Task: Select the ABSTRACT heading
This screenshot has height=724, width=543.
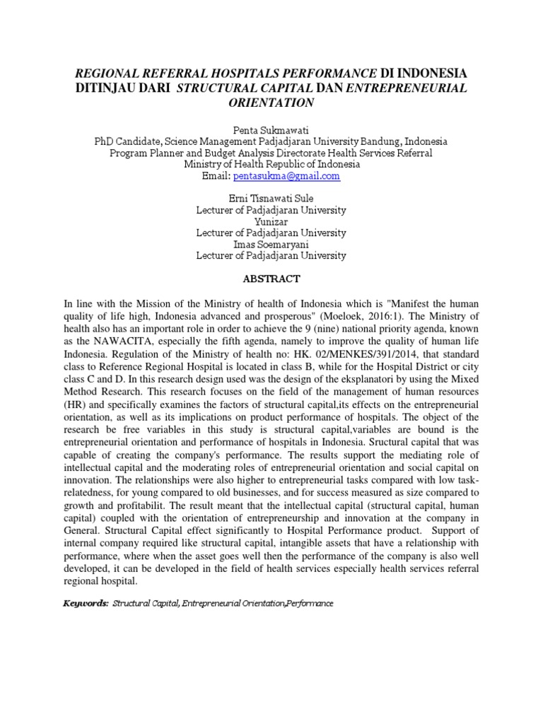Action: [271, 279]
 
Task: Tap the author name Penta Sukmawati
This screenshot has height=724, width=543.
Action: [271, 130]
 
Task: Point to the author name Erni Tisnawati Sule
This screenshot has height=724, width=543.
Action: [271, 199]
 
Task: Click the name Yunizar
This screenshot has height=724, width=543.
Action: [271, 221]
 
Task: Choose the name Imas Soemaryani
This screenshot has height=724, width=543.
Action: [271, 244]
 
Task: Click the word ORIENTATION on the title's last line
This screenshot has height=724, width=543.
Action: [271, 102]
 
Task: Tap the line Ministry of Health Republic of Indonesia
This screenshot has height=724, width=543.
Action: [271, 164]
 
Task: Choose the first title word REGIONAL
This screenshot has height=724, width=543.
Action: [110, 73]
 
